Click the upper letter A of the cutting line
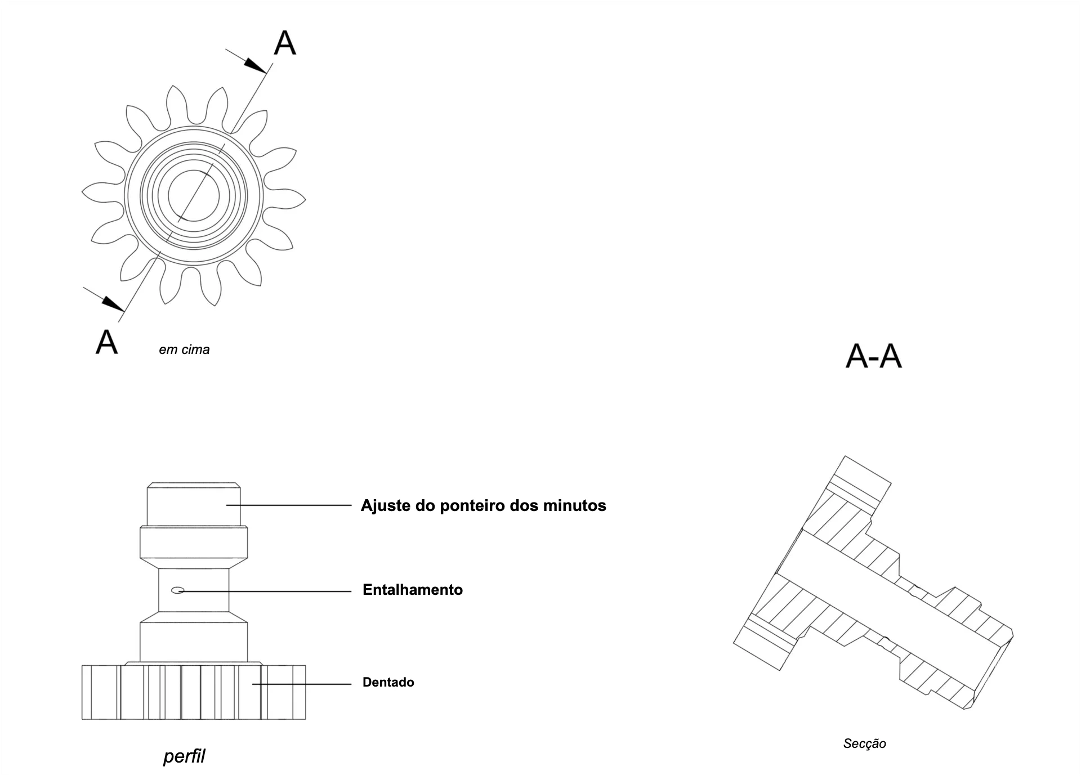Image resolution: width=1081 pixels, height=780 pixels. point(285,43)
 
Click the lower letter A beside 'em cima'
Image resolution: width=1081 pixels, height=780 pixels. point(106,342)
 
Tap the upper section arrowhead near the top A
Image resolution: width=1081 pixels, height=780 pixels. point(256,65)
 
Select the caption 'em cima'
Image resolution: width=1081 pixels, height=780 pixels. point(184,349)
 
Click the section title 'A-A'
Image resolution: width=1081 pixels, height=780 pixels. point(874,356)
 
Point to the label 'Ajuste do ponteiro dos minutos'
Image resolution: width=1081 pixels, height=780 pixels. point(484,505)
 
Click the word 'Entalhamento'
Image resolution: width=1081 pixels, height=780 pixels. point(413,590)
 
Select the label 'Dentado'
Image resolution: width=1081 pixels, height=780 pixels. point(388,682)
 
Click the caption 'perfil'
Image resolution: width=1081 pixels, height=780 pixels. point(184,756)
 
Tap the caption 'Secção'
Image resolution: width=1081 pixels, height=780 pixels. point(865,743)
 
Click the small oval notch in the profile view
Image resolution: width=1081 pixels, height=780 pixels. point(178,590)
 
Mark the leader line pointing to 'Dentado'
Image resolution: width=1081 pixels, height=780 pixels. point(302,684)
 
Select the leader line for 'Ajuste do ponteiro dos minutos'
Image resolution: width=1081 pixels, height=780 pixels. point(289,505)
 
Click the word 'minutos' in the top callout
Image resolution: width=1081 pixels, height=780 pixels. point(575,505)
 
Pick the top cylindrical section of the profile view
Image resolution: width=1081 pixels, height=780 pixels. point(194,504)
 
